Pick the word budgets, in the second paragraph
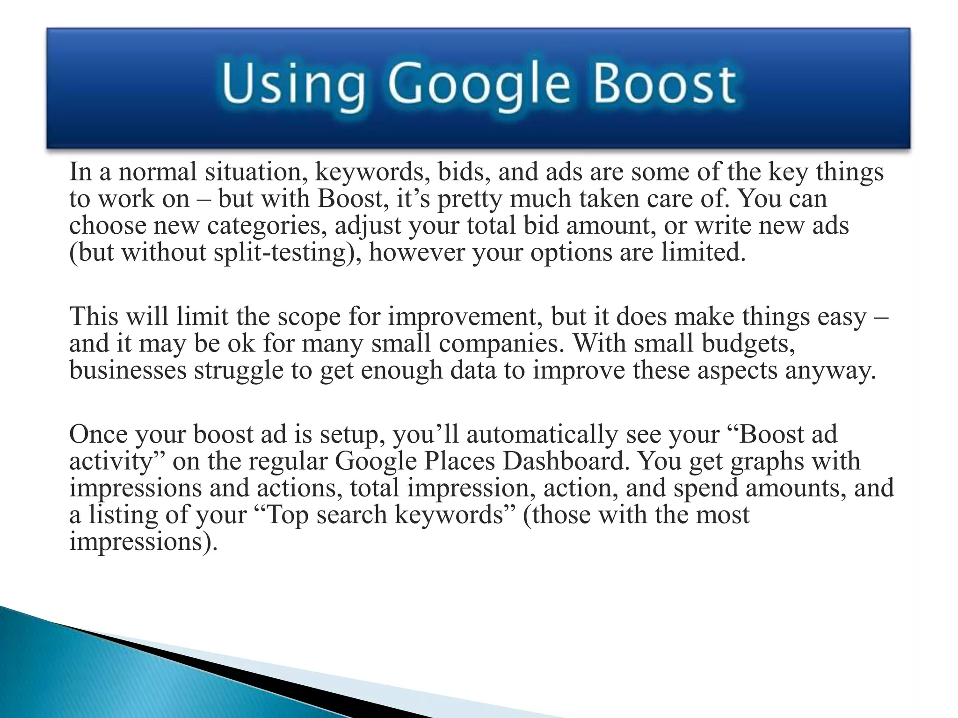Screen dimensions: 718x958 tap(749, 344)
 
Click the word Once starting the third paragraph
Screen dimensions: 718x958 tap(98, 434)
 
